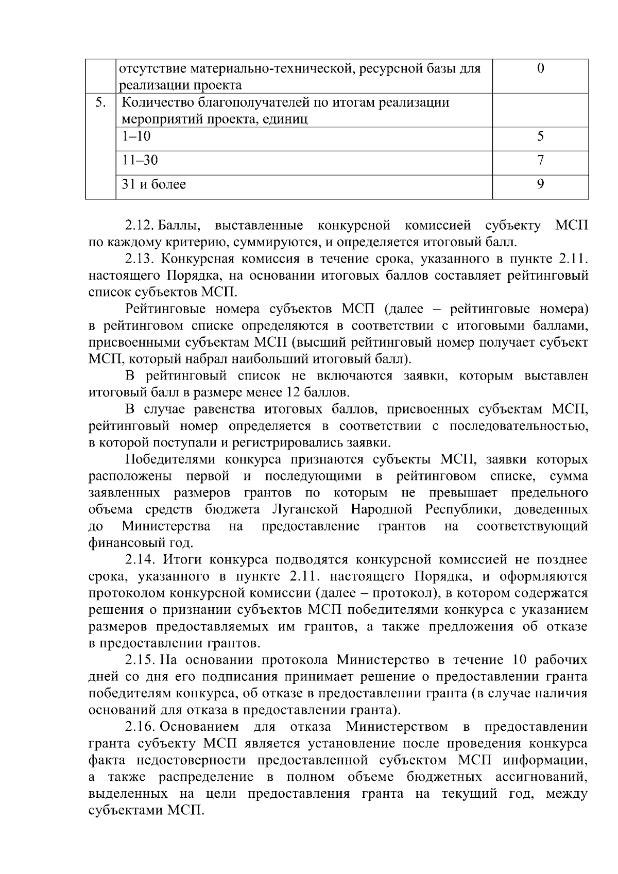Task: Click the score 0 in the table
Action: pos(540,68)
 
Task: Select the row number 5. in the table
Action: pos(100,102)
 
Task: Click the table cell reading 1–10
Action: pos(136,136)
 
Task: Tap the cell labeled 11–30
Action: pos(140,160)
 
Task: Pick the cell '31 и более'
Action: pos(153,184)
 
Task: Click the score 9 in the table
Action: pos(540,184)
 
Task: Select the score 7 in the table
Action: pos(540,160)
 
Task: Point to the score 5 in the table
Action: pos(540,136)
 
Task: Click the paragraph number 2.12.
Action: pos(139,226)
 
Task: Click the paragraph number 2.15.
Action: pos(140,660)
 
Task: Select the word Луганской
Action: pos(304,509)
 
